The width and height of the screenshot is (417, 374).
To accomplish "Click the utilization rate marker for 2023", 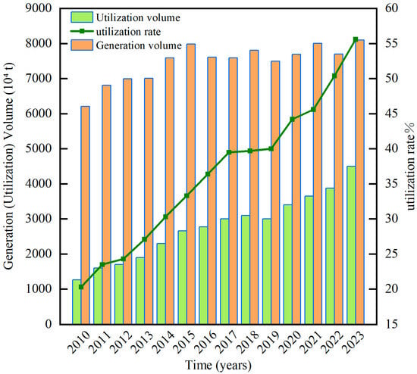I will (356, 39).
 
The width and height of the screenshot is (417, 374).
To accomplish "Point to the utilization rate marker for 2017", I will (229, 152).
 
